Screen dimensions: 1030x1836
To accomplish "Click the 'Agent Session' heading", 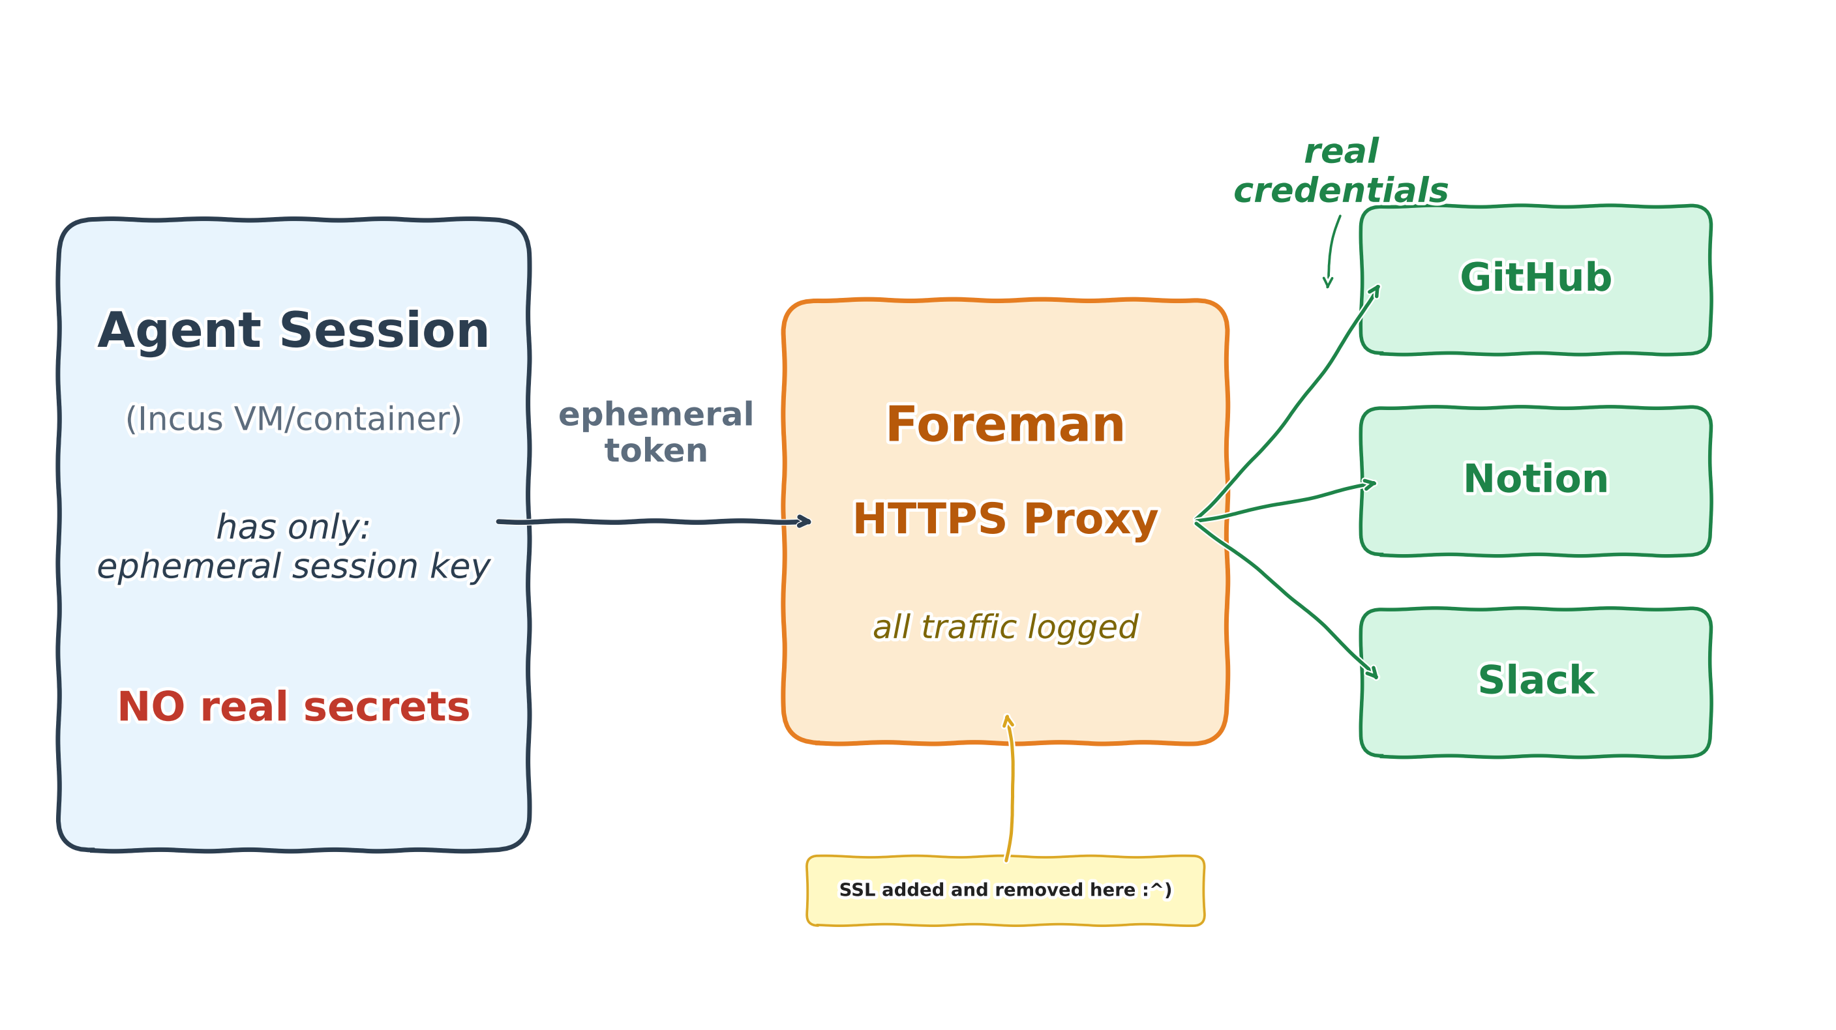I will coord(293,331).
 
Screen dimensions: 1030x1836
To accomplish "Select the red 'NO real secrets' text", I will coord(293,707).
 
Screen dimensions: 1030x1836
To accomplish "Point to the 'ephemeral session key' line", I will coord(293,567).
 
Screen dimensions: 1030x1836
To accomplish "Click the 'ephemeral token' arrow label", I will coord(655,432).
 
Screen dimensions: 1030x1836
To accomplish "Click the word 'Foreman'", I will coord(1004,424).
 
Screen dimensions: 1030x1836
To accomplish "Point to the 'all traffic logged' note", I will coord(1004,627).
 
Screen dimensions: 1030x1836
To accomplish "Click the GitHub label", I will coord(1535,277).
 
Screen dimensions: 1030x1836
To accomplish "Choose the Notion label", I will coord(1535,478).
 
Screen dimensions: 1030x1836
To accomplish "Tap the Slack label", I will coord(1535,679).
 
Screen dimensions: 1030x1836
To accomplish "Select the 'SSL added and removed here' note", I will coord(1004,890).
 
